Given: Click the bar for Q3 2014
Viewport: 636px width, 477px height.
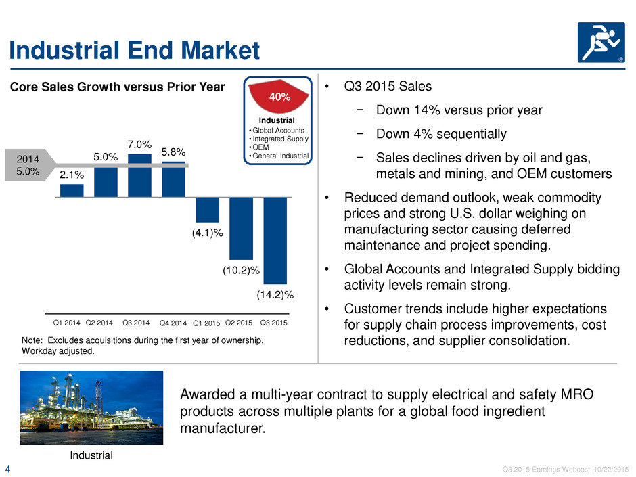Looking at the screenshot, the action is tap(139, 175).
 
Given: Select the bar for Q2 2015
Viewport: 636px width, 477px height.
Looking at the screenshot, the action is tap(242, 229).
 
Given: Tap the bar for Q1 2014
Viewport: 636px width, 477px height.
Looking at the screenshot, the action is tap(72, 191).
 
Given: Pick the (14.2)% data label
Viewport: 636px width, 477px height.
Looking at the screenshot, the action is tap(275, 294).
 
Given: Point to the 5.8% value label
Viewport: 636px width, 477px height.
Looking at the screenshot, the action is tap(173, 152).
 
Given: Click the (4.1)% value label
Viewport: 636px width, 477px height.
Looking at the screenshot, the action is tap(207, 233).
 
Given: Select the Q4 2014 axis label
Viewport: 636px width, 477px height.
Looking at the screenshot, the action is tap(173, 323).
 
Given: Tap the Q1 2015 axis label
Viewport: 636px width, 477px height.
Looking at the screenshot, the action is tap(206, 323).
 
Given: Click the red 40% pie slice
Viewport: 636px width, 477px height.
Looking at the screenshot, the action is tap(279, 95).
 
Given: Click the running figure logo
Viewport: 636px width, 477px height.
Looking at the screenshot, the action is tap(601, 43).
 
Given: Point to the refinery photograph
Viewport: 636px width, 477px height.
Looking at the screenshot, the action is tap(91, 407).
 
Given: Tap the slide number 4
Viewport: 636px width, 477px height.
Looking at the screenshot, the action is tap(7, 470).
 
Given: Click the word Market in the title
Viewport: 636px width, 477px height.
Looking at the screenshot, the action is tap(221, 50).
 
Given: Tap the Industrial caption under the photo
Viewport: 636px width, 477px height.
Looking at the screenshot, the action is tap(91, 455).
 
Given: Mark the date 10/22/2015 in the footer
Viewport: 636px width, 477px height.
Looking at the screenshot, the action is tap(611, 470).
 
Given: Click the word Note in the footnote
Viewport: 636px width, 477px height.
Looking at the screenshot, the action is tap(31, 340).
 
